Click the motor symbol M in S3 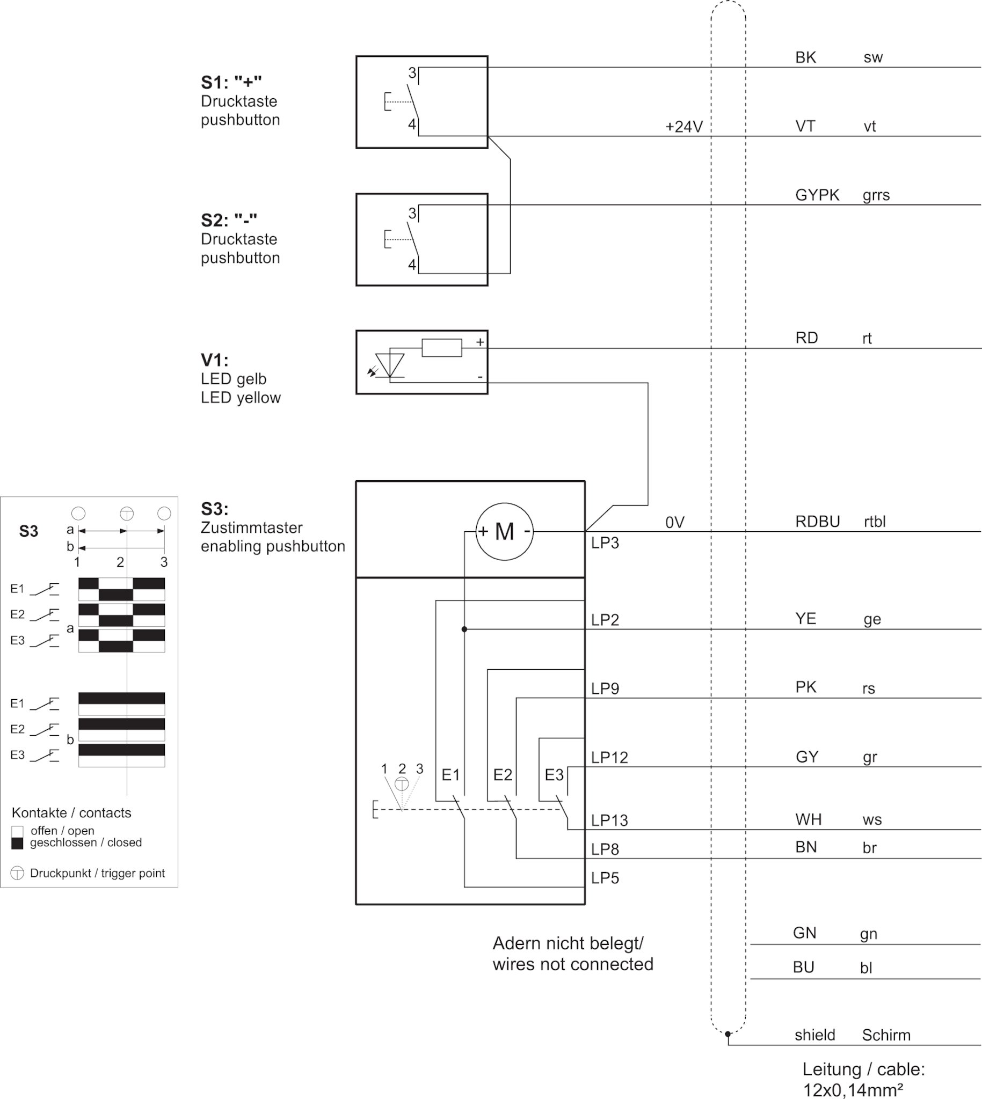point(504,532)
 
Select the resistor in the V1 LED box point(442,348)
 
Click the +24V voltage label point(683,127)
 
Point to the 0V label point(674,522)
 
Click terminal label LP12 point(609,758)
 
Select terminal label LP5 point(605,878)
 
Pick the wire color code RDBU point(817,522)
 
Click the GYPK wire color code point(817,195)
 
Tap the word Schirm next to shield point(886,1035)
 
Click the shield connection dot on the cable point(728,1034)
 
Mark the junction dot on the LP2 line point(464,629)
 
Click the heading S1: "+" point(231,83)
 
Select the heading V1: point(214,360)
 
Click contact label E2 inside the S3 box point(503,775)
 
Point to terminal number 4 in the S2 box point(412,265)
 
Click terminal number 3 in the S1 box point(412,73)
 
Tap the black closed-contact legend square point(17,843)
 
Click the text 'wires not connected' point(572,964)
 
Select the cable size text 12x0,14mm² point(853,1090)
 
